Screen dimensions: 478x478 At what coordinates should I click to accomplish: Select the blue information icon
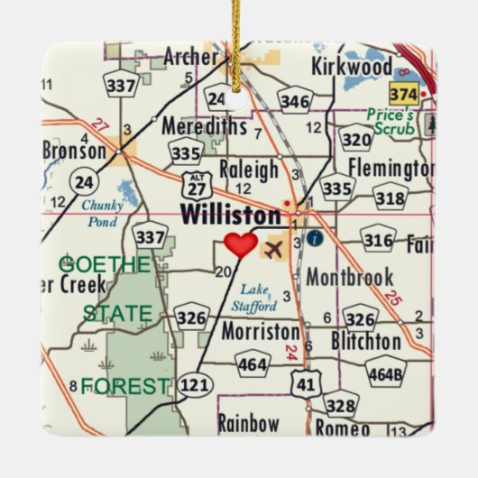tap(314, 238)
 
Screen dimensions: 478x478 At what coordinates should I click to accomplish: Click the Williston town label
tap(231, 216)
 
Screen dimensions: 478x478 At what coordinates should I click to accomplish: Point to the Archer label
tap(190, 58)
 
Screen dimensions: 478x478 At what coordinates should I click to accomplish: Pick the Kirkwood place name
tap(352, 66)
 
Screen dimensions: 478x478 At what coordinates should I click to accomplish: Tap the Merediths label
tap(204, 126)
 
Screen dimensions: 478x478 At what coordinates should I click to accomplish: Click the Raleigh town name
tap(249, 169)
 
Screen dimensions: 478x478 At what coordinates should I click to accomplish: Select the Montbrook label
tap(349, 277)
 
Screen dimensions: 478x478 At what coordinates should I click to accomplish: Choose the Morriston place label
tap(260, 331)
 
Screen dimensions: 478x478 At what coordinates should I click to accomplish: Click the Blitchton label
tap(365, 341)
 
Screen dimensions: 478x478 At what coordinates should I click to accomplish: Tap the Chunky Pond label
tap(102, 212)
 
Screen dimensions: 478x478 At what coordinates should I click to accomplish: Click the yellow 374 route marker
tap(403, 94)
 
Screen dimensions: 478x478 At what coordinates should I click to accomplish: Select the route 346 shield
tap(295, 99)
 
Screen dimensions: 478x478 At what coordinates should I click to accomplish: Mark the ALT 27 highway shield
tap(194, 185)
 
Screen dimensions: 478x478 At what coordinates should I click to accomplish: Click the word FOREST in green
tap(124, 387)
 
